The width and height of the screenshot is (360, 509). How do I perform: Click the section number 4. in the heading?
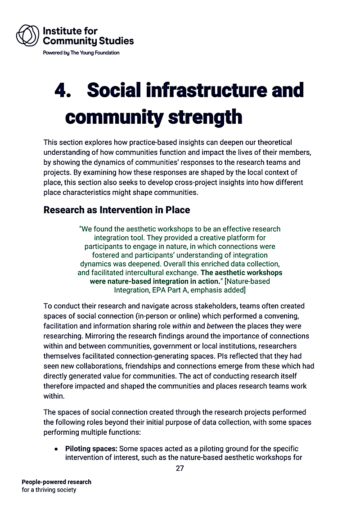pos(63,90)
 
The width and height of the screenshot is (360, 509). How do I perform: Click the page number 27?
pos(180,468)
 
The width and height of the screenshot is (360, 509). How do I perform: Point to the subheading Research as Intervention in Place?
pos(117,210)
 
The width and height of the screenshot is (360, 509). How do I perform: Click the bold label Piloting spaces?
pos(91,449)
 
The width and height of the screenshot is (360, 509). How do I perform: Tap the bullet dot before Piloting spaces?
pos(55,449)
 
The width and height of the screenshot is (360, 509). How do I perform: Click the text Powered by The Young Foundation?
pos(81,53)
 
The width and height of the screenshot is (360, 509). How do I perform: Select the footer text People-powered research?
pos(56,482)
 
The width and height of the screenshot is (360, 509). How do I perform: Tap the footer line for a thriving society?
pos(49,490)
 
